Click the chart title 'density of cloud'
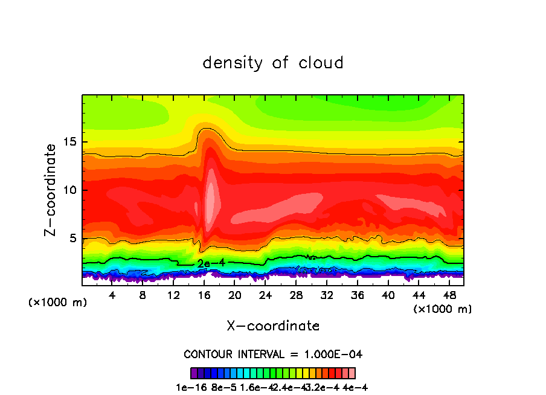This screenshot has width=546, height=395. (273, 63)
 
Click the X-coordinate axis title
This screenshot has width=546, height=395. (273, 326)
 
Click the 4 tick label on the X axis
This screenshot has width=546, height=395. (112, 296)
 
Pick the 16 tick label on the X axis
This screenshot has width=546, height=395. (204, 296)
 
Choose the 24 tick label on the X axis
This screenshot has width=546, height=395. (265, 296)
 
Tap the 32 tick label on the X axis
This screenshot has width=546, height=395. (327, 296)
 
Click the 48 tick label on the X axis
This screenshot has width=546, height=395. (449, 296)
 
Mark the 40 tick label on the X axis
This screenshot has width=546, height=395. (388, 296)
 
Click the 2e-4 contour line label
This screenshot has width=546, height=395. (207, 264)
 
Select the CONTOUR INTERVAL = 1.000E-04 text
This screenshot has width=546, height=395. (273, 354)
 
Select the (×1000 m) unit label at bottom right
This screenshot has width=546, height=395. (443, 309)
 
